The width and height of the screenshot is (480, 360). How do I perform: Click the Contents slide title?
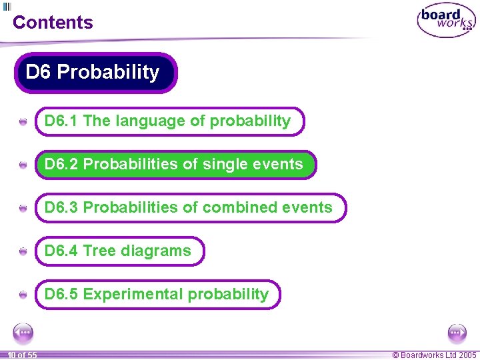tap(53, 22)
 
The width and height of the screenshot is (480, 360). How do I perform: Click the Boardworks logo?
tap(446, 21)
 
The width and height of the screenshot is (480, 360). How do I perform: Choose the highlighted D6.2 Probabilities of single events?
tap(175, 165)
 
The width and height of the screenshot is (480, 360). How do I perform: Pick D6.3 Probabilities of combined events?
tap(190, 208)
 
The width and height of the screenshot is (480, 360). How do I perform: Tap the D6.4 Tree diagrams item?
tap(119, 251)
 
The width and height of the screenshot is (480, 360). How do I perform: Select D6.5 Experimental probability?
tap(157, 294)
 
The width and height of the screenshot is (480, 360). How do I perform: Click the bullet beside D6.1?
tap(23, 122)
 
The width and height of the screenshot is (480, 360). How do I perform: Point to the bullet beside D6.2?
tap(23, 165)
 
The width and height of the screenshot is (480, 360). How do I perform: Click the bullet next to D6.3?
tap(23, 209)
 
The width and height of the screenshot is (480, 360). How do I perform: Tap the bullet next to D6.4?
tap(23, 251)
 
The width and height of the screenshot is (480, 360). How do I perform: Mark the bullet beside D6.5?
tap(23, 295)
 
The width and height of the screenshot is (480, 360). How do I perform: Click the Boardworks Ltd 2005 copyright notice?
tap(434, 355)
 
